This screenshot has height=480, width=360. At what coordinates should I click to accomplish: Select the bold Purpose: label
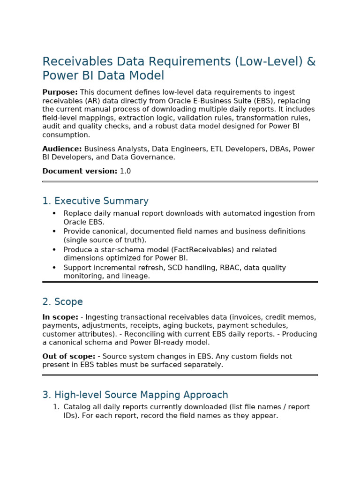pos(60,92)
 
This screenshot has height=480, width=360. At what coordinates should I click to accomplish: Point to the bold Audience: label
pos(62,149)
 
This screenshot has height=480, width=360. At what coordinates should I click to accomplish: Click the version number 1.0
pos(125,172)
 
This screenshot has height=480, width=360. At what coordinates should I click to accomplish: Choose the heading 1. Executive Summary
pos(95,201)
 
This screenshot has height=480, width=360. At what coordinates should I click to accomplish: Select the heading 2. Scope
pos(62,302)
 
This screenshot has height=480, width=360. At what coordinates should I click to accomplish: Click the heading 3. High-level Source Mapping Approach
pos(135,395)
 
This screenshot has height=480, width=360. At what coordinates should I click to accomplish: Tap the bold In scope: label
pos(60,317)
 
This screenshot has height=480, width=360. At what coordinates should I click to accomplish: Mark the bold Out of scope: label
pos(68,357)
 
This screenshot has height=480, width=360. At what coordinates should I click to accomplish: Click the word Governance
pos(154,157)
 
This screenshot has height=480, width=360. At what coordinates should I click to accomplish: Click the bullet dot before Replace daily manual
pos(54,214)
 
